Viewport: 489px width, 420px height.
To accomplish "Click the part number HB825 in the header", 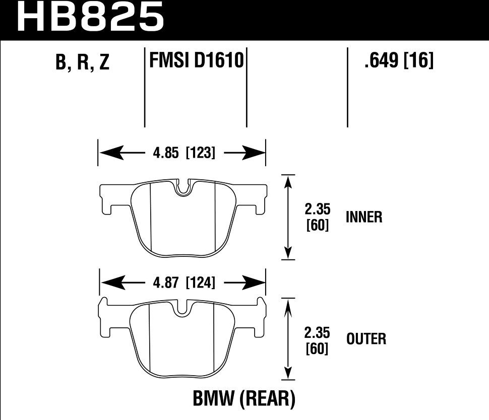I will (91, 18).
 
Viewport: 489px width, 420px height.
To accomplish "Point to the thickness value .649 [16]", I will (398, 61).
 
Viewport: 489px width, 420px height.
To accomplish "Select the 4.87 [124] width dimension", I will (184, 283).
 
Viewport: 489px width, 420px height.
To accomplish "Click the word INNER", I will (364, 217).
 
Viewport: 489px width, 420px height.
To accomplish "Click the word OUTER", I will (366, 339).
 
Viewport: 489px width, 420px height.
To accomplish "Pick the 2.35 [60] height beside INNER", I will (318, 217).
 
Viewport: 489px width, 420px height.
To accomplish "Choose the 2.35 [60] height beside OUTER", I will (318, 340).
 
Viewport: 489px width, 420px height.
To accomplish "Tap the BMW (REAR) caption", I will (243, 399).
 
